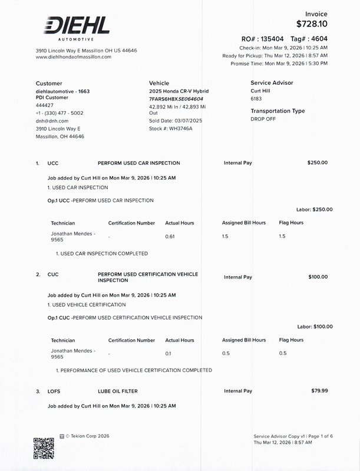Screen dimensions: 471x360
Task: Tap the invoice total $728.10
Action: pos(312,24)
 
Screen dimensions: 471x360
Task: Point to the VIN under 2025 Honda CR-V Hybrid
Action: pos(176,99)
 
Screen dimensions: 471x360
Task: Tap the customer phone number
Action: pos(60,113)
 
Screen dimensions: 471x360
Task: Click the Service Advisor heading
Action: pos(272,83)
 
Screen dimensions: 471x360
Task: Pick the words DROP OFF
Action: pos(263,118)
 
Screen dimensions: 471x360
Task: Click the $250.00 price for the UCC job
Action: pos(318,162)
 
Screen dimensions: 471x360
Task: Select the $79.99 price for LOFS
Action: pos(319,390)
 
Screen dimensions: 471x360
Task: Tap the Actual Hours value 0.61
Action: pos(170,236)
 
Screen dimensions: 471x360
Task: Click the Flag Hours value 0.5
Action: pos(282,353)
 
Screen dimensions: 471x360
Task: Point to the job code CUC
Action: pos(53,275)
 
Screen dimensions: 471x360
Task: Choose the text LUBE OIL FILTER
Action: pos(118,391)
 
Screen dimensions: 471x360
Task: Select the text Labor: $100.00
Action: pos(315,327)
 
